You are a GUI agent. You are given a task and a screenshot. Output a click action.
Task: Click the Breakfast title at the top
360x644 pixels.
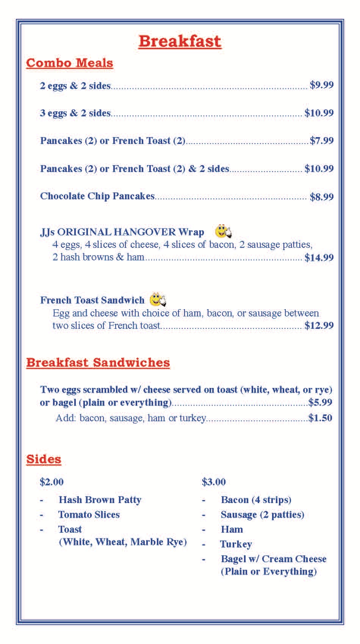(x=180, y=41)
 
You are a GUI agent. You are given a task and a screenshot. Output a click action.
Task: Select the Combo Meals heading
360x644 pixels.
(x=69, y=63)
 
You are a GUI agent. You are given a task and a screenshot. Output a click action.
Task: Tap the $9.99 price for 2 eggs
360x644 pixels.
(x=321, y=85)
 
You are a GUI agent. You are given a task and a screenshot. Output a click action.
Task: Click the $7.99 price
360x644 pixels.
(x=321, y=141)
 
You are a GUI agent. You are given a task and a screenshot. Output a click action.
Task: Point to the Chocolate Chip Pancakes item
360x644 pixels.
(x=97, y=196)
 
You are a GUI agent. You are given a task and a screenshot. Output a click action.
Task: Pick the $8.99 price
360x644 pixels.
(x=321, y=197)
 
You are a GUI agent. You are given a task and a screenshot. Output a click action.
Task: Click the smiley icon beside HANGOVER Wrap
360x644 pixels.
(x=223, y=231)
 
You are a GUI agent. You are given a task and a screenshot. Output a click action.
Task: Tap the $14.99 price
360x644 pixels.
(x=319, y=258)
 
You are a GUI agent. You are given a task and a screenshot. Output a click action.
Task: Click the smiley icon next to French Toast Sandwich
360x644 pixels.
(x=158, y=300)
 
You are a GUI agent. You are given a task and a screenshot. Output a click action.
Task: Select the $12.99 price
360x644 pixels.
(x=319, y=326)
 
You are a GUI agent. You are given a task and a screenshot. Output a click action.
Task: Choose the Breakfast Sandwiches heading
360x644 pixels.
(x=98, y=363)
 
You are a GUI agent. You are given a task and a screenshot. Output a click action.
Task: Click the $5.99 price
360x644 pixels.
(x=320, y=402)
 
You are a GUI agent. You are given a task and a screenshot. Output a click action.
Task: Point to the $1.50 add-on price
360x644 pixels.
(x=320, y=418)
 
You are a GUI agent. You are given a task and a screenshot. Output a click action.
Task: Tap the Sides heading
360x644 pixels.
(x=44, y=459)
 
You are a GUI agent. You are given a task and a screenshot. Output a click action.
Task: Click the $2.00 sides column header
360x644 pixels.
(x=52, y=482)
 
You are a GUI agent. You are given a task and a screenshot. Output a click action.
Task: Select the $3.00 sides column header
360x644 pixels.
(x=214, y=482)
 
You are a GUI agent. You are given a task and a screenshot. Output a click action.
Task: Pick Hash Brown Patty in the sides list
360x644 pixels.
(x=100, y=500)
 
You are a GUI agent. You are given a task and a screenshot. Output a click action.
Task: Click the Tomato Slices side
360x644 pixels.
(x=89, y=514)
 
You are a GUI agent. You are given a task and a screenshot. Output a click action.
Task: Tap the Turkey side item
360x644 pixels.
(x=236, y=544)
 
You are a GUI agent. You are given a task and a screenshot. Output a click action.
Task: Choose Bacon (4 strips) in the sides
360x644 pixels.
(x=256, y=500)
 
